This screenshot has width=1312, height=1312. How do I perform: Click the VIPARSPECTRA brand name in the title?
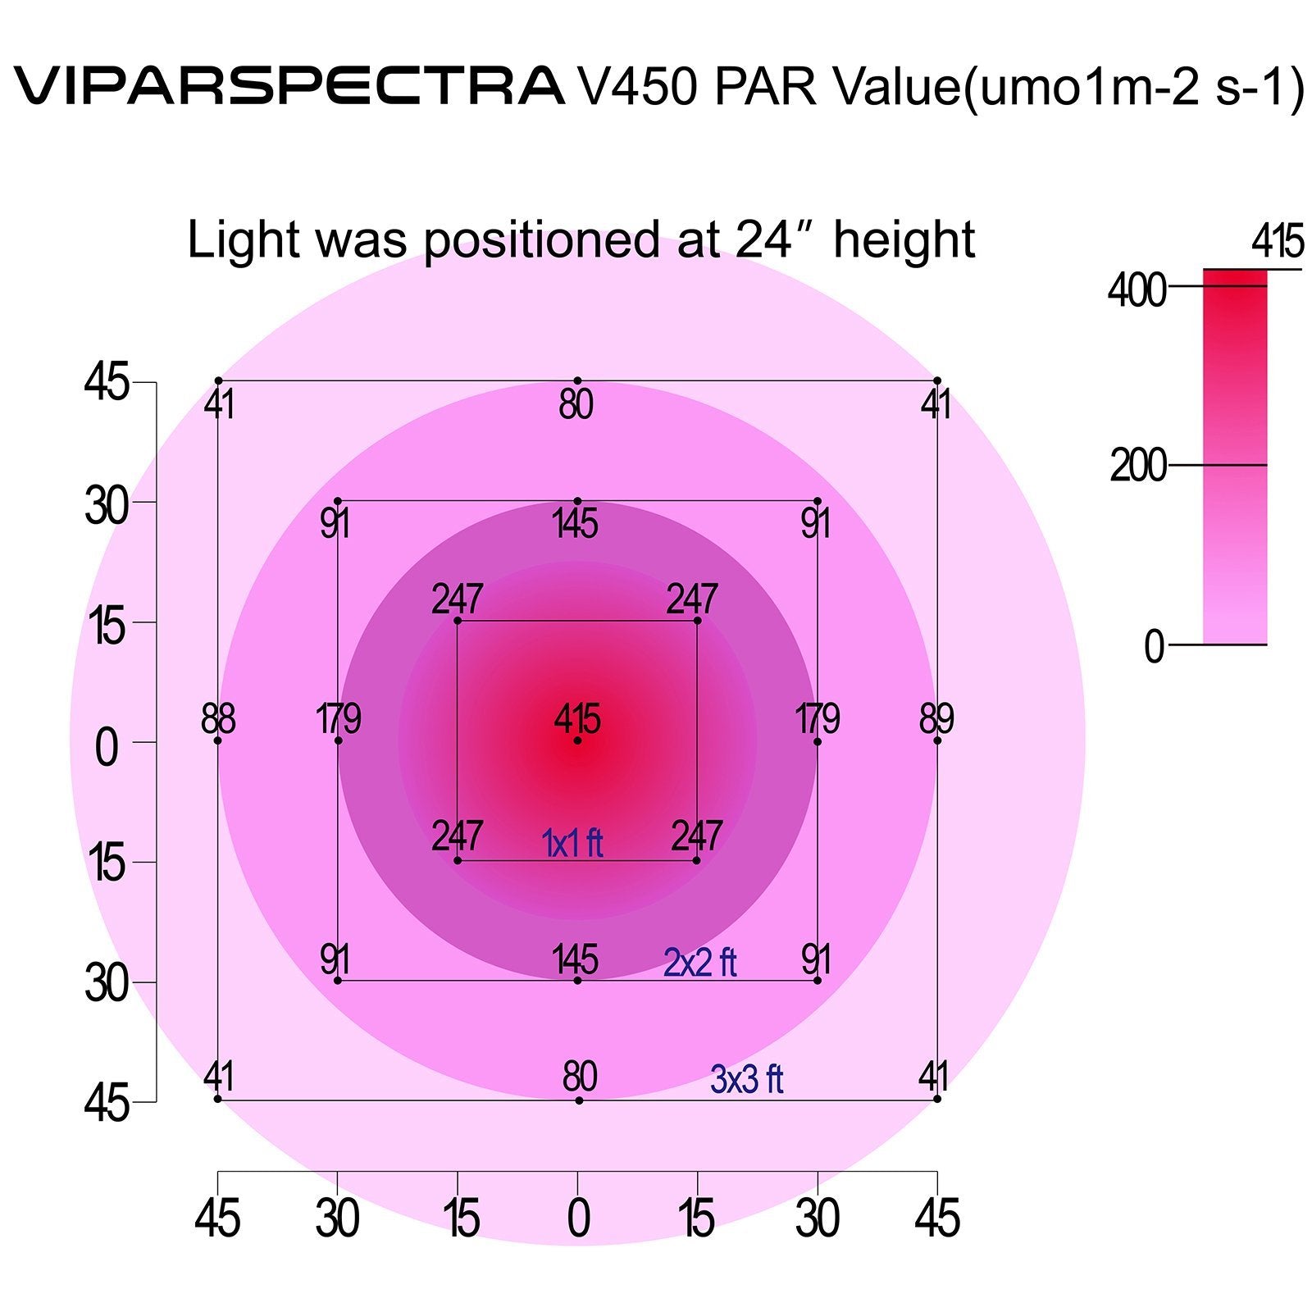[x=289, y=86]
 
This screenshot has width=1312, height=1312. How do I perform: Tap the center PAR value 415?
[x=577, y=720]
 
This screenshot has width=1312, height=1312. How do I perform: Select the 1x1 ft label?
[x=572, y=843]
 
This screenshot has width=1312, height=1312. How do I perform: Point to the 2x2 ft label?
[x=699, y=963]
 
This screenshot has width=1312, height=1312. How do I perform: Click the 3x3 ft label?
[x=746, y=1080]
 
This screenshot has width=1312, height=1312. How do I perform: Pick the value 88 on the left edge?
[x=218, y=720]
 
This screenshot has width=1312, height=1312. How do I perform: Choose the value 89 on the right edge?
[x=936, y=720]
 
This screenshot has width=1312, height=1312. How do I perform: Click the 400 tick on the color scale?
[x=1137, y=290]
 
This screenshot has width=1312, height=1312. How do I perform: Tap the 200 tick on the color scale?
[x=1138, y=467]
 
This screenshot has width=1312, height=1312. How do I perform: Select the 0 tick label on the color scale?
[x=1155, y=648]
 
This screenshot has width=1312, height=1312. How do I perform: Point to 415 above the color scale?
[x=1278, y=243]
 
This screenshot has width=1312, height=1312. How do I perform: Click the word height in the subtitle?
[x=904, y=239]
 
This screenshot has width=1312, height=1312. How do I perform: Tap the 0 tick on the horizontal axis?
[x=578, y=1219]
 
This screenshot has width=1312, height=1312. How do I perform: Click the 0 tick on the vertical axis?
[x=107, y=748]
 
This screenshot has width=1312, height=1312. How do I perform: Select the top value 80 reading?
[x=576, y=405]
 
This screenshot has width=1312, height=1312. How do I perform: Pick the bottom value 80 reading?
[x=579, y=1077]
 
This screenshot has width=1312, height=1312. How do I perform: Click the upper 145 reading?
[x=576, y=523]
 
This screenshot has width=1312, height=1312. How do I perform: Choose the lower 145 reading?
[x=576, y=959]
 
